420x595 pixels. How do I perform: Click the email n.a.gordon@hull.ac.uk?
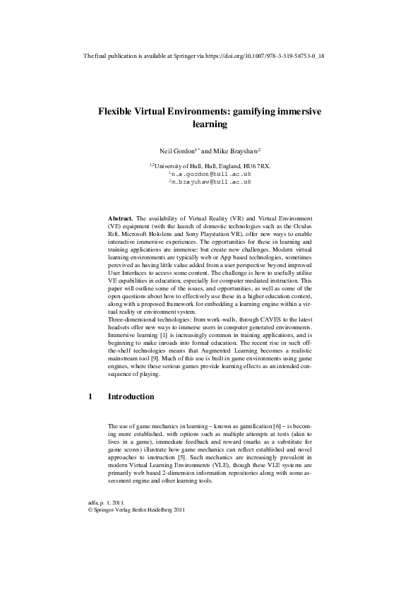click(211, 174)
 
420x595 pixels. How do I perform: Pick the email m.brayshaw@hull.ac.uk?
click(211, 182)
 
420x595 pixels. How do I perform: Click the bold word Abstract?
click(119, 219)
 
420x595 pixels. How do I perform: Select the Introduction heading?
click(131, 397)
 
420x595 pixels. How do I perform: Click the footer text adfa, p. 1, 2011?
click(104, 501)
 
